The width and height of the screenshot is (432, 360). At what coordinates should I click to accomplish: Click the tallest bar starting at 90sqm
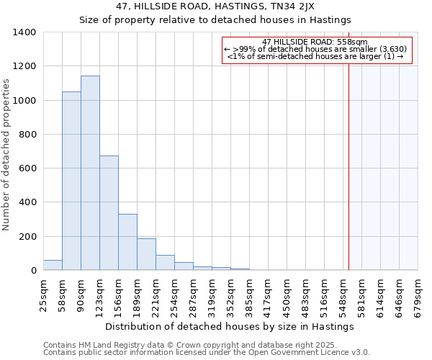[90, 173]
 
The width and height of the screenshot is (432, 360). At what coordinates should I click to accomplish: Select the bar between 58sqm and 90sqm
[71, 181]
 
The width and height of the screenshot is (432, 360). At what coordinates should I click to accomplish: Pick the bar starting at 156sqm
[127, 242]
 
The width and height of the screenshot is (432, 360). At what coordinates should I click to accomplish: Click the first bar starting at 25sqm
[53, 265]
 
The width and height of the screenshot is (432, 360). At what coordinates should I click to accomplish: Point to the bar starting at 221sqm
[165, 263]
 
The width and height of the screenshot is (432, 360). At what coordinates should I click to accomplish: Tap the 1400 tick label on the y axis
[24, 32]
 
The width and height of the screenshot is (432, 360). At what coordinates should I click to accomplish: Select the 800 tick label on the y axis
[27, 135]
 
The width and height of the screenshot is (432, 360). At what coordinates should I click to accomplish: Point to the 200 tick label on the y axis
[27, 237]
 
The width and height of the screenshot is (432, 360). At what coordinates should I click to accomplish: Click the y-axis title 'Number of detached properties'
[6, 155]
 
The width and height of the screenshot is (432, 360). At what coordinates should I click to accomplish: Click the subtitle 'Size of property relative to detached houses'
[215, 19]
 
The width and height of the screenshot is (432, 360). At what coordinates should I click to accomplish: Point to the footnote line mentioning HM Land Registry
[206, 346]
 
